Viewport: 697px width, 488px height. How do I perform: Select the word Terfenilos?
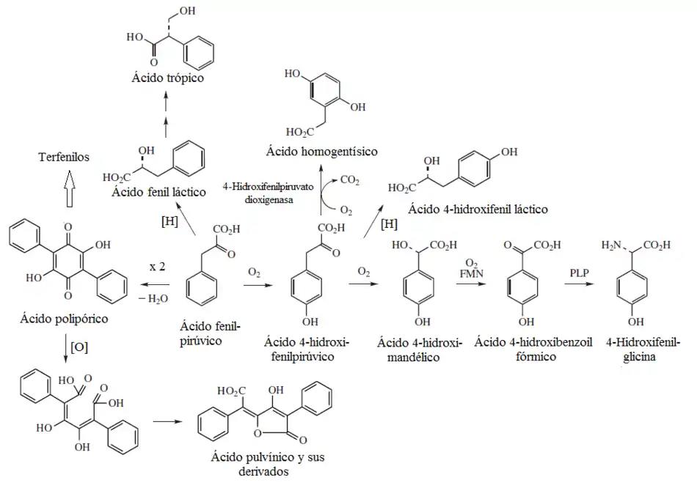tap(65, 158)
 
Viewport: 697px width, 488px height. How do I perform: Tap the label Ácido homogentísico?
tap(323, 152)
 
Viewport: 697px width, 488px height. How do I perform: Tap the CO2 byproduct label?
tap(349, 179)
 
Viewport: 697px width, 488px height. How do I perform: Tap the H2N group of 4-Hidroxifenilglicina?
tap(610, 245)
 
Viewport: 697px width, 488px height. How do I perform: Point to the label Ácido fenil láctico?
tap(157, 193)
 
